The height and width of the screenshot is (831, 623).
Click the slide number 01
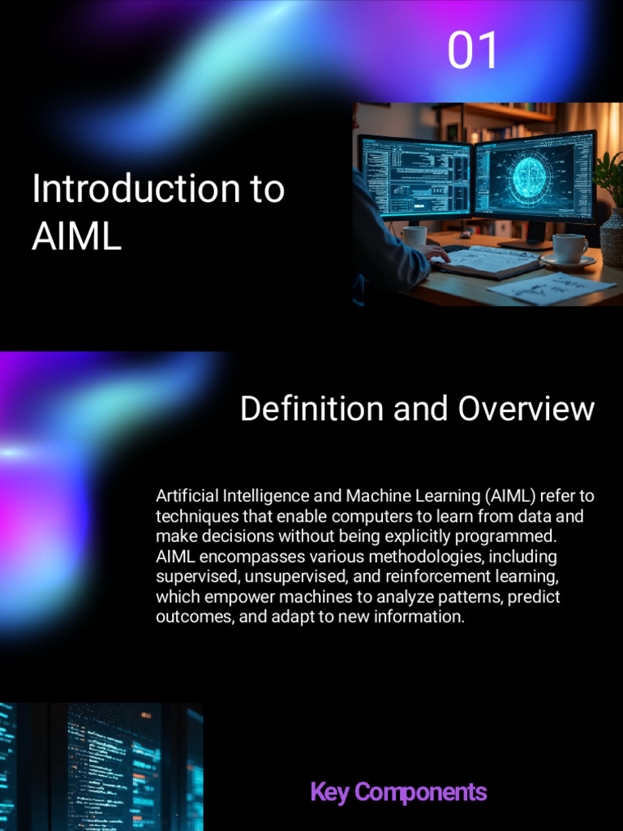click(472, 50)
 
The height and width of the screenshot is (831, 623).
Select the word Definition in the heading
click(312, 408)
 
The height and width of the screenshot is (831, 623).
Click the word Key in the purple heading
click(329, 792)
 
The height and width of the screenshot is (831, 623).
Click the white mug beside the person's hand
click(415, 236)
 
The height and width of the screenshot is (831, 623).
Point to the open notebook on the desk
click(487, 261)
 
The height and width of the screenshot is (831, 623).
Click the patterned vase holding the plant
click(612, 237)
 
